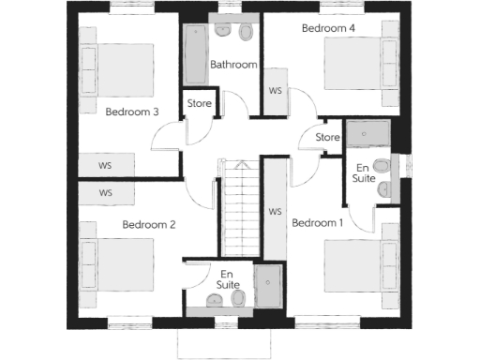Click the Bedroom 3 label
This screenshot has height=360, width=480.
coord(131,112)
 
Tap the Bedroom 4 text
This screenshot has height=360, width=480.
coord(329,28)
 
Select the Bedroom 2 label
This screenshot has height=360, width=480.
coord(149,225)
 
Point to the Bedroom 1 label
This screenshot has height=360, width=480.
coord(318,223)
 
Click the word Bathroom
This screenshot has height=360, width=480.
coord(233,65)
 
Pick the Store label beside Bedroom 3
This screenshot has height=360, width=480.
coord(199,103)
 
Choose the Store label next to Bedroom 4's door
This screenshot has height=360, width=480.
coord(327,138)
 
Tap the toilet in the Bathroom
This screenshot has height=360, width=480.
coord(247,33)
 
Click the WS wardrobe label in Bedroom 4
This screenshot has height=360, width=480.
coord(276,91)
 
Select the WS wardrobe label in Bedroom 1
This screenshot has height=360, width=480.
coord(276,212)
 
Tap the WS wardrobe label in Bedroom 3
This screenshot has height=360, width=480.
coord(105,165)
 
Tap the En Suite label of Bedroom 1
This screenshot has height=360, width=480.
coord(364,172)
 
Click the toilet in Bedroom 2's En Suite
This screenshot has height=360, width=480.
coord(238,299)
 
